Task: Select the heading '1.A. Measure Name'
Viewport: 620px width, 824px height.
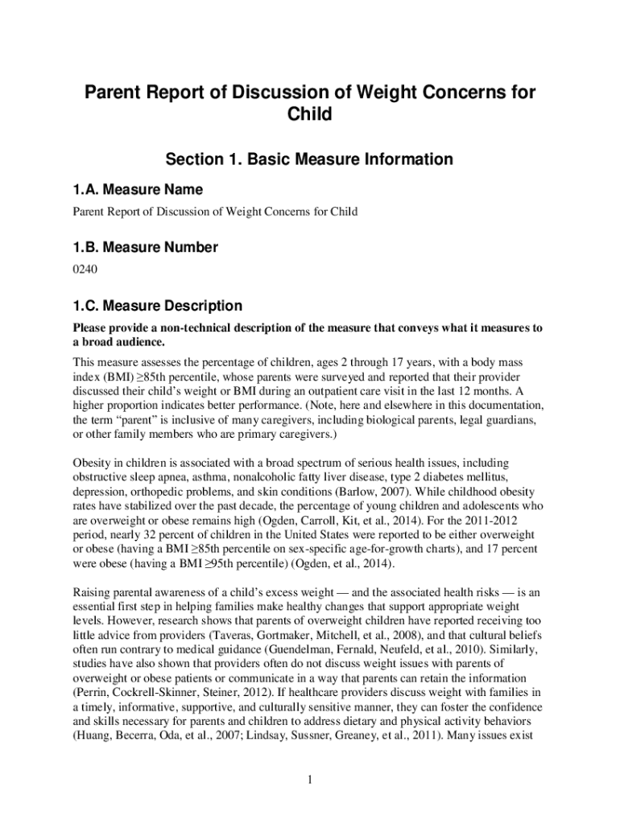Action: point(138,191)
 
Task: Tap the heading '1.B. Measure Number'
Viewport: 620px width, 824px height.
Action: point(145,248)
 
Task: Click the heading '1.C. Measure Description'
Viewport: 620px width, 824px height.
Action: point(157,306)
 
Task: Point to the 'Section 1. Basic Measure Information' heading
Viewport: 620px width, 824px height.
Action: point(309,159)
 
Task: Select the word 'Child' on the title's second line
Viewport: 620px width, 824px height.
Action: point(309,115)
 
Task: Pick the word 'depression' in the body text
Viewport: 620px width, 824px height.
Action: point(101,491)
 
